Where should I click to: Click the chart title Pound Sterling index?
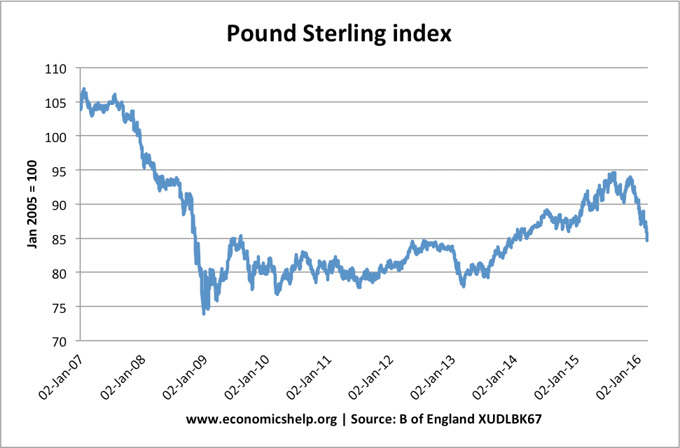(339, 32)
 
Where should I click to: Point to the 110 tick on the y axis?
(58, 69)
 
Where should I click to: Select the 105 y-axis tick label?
(58, 103)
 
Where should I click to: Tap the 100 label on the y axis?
(58, 136)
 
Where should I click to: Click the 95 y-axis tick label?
(61, 171)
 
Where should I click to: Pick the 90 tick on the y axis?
(61, 204)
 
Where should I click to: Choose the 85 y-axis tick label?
(61, 239)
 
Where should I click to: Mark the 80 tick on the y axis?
(61, 272)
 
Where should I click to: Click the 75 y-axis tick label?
(61, 307)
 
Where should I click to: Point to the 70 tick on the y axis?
(61, 341)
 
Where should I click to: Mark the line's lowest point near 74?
(204, 313)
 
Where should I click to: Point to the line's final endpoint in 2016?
(647, 240)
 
